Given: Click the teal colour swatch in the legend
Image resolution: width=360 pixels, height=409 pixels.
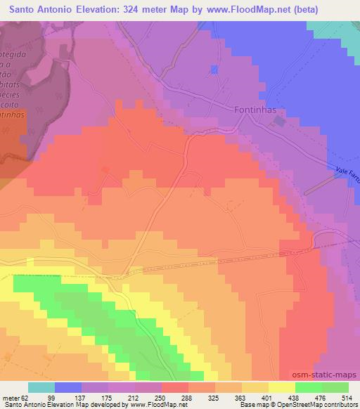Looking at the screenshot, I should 41,387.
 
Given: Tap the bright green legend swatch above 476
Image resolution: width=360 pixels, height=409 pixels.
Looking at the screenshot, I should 309,387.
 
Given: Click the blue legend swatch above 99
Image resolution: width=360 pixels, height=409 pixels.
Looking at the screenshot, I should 68,387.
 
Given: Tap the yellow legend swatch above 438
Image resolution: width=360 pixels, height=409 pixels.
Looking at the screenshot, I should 282,387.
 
